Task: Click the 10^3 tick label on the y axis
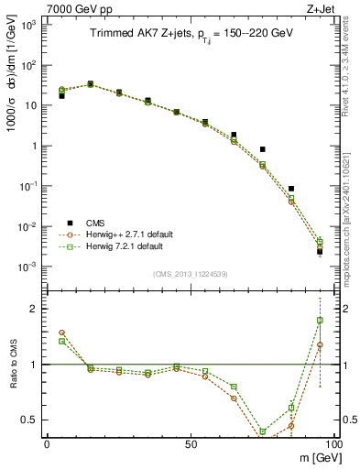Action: tap(27, 25)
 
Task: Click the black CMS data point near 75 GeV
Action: tap(262, 149)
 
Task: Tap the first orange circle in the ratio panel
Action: tap(61, 333)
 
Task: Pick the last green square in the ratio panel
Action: tap(320, 320)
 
